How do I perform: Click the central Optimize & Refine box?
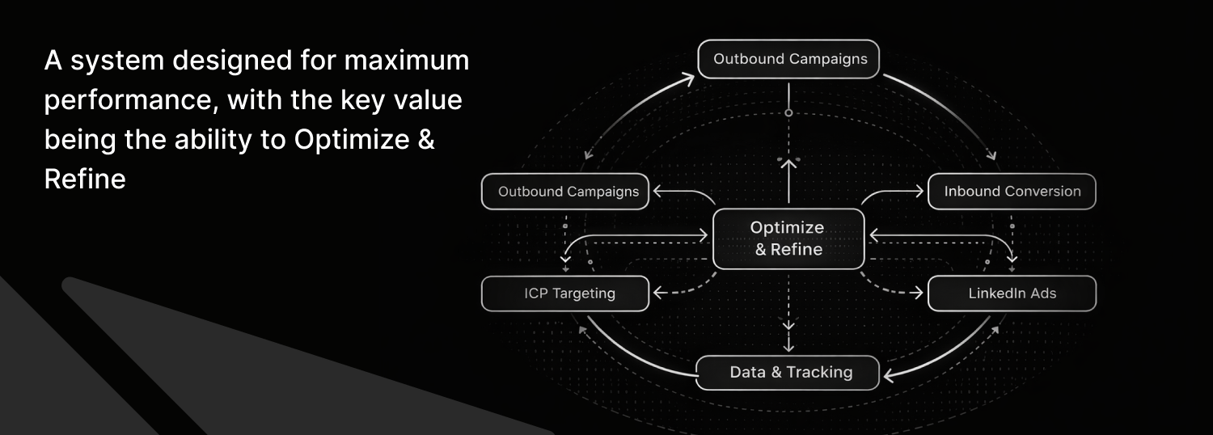click(x=788, y=239)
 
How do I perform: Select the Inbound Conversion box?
click(x=1012, y=192)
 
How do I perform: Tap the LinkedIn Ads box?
click(x=1012, y=293)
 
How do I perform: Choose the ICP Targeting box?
click(x=564, y=294)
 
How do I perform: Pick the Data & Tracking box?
click(x=788, y=373)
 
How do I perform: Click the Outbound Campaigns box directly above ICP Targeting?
click(x=564, y=192)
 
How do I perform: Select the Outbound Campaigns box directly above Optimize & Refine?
click(x=788, y=59)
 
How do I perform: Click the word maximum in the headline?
click(x=407, y=60)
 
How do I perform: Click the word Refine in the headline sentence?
click(x=85, y=179)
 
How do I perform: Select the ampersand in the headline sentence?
click(x=426, y=139)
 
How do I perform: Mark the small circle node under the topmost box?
click(x=788, y=112)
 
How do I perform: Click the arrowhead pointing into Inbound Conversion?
click(x=919, y=192)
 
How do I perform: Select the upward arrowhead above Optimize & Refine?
click(x=788, y=164)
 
